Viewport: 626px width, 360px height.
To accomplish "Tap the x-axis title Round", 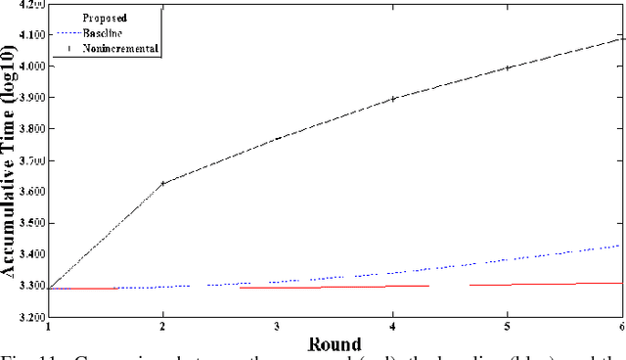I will [x=335, y=344].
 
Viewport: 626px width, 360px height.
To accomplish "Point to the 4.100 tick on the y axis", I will [x=32, y=35].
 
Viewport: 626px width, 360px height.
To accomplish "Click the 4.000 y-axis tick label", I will [x=32, y=67].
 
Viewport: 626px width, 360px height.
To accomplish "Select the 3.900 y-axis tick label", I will [x=32, y=98].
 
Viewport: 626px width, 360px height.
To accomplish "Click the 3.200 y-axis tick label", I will [x=32, y=318].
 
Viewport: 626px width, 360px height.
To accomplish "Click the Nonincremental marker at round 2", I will [x=163, y=183].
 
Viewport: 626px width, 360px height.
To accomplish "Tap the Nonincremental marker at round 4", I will [x=393, y=99].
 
